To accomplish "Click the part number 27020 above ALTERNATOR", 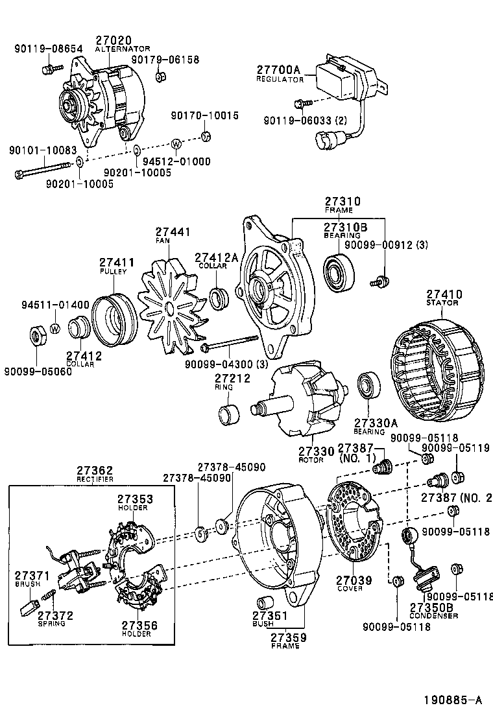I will click(x=114, y=40).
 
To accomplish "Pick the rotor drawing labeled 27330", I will click(x=300, y=402).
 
